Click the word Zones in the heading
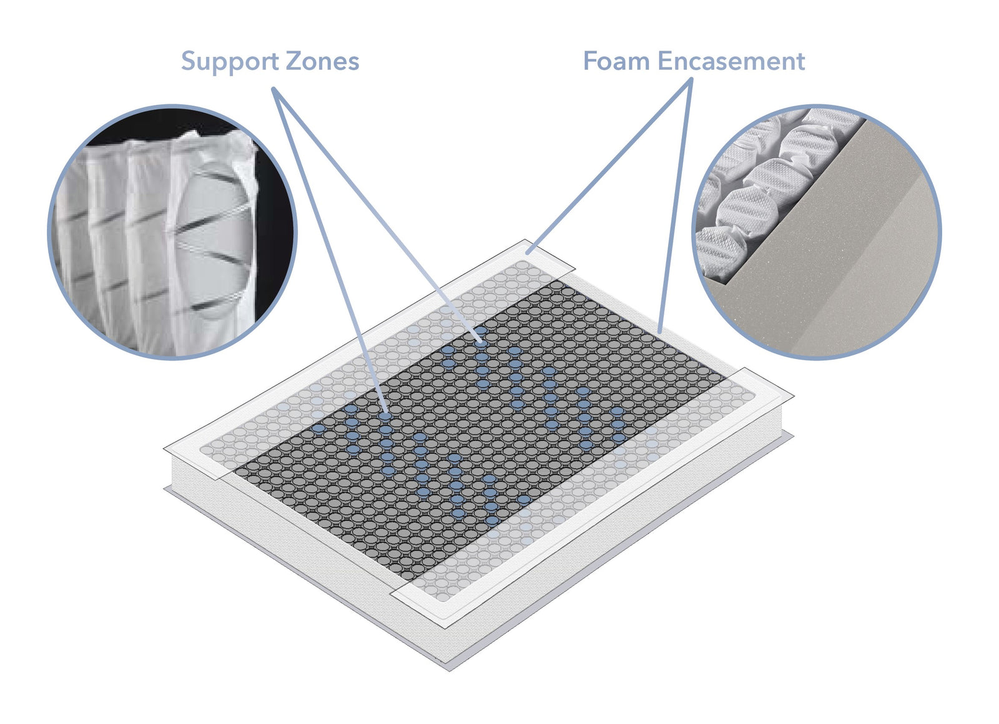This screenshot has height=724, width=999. (x=322, y=62)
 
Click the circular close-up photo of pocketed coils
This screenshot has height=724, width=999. (x=172, y=232)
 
